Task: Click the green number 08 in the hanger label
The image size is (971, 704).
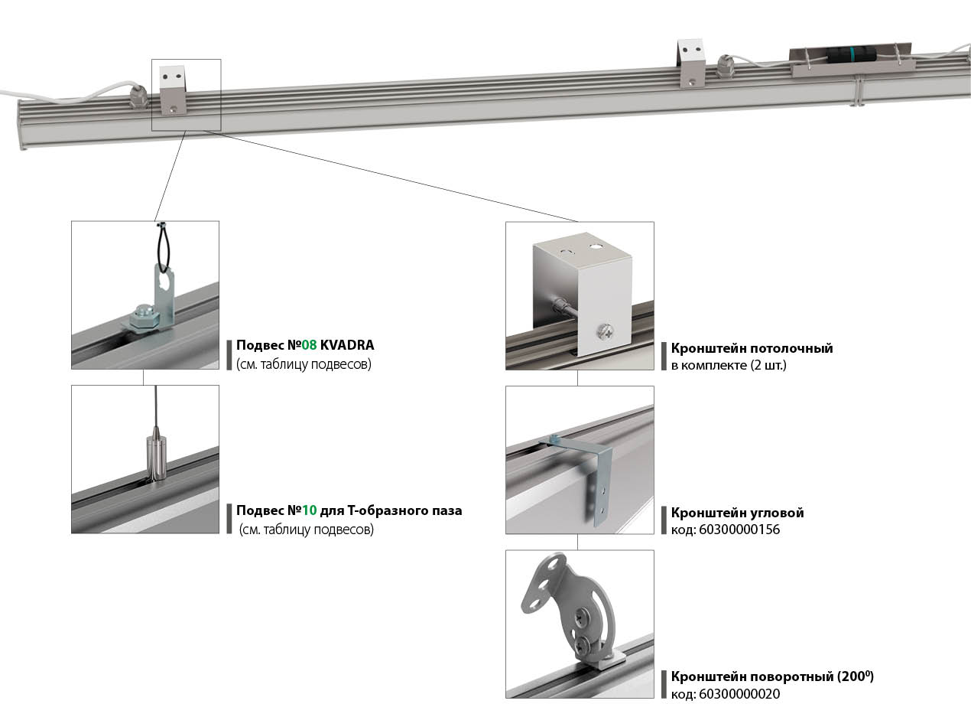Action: tap(308, 345)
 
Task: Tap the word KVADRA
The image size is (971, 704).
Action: tap(347, 345)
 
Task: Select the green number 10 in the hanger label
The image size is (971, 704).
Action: tap(308, 510)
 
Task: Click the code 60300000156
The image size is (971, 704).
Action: tap(739, 530)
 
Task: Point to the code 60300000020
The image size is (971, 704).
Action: tap(739, 694)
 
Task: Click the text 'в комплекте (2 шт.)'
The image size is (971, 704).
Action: tap(729, 365)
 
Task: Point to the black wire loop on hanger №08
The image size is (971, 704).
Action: tap(162, 245)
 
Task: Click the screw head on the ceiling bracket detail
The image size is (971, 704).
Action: tap(604, 331)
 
